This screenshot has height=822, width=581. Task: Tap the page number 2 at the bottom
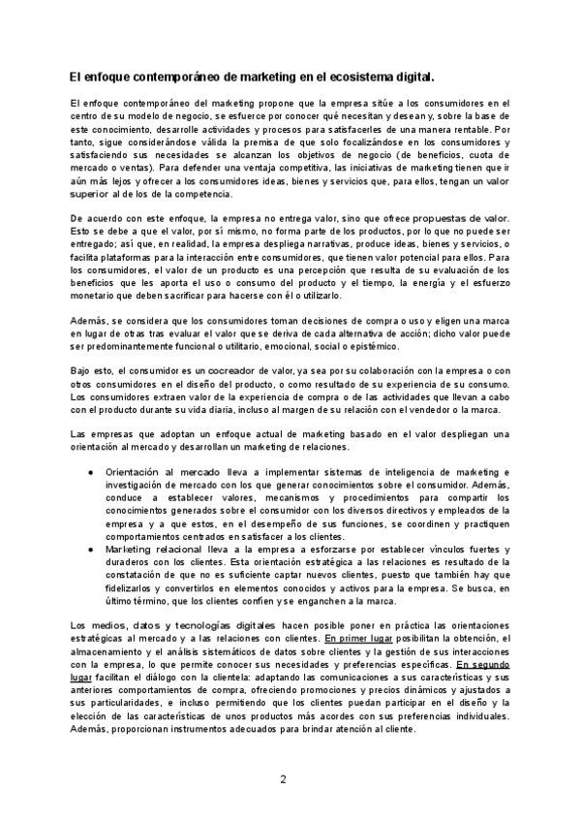(x=284, y=779)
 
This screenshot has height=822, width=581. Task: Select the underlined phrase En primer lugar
(x=360, y=639)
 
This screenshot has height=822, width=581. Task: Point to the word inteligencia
(x=370, y=472)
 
